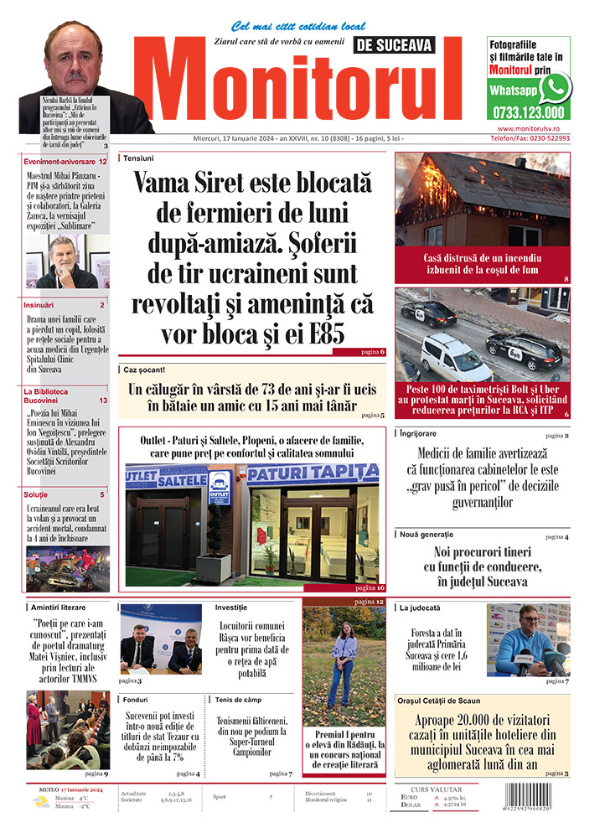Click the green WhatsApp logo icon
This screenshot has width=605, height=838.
[x=555, y=88]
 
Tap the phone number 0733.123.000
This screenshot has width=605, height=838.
[x=528, y=113]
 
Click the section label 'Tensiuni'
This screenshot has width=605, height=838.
[x=138, y=158]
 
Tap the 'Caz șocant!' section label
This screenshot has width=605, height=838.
[x=144, y=369]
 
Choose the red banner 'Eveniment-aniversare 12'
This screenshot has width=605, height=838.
[x=65, y=161]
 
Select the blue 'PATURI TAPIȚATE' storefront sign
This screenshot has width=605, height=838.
[x=313, y=474]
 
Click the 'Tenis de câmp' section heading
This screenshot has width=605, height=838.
[x=239, y=698]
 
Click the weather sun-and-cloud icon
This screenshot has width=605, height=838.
[x=41, y=802]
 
